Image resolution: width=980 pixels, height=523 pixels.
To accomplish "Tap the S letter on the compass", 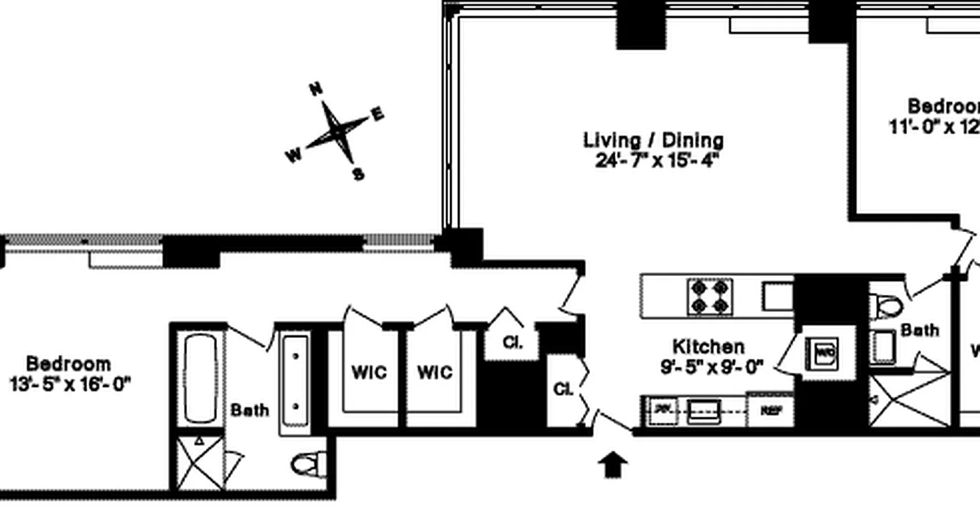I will pyautogui.click(x=358, y=174).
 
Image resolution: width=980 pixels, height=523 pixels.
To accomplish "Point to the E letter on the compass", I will pyautogui.click(x=378, y=114).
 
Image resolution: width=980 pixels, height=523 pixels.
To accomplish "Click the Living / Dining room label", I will pyautogui.click(x=653, y=140).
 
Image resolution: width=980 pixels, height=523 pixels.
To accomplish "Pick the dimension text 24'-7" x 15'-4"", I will pyautogui.click(x=657, y=160).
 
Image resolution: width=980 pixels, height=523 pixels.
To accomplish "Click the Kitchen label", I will pyautogui.click(x=708, y=346).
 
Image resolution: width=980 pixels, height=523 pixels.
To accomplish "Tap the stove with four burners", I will pyautogui.click(x=709, y=296).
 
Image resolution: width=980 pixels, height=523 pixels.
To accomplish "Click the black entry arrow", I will pyautogui.click(x=613, y=465).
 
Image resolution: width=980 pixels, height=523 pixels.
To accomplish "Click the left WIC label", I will pyautogui.click(x=369, y=373).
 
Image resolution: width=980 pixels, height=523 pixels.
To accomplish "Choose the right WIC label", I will pyautogui.click(x=434, y=373).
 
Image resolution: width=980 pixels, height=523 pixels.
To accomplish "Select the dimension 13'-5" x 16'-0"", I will pyautogui.click(x=70, y=384).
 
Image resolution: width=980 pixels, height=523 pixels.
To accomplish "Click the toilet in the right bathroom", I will pyautogui.click(x=887, y=305).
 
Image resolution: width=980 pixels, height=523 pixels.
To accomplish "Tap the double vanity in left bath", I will pyautogui.click(x=295, y=382).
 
